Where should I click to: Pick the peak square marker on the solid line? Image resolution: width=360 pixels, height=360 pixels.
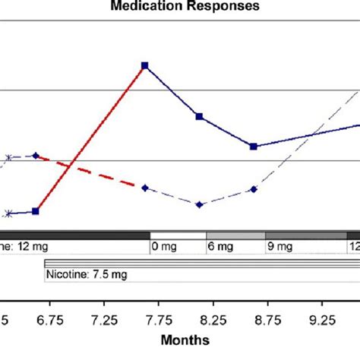coord(144,66)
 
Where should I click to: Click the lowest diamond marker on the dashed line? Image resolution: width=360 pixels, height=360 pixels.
coord(200,204)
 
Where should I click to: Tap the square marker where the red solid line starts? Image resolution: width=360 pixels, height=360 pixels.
coord(36,211)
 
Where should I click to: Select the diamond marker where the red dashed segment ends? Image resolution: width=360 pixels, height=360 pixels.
coord(144,187)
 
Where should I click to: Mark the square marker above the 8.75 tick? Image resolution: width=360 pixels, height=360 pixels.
coord(254,146)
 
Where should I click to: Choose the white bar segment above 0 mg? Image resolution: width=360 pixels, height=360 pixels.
coord(178,235)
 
